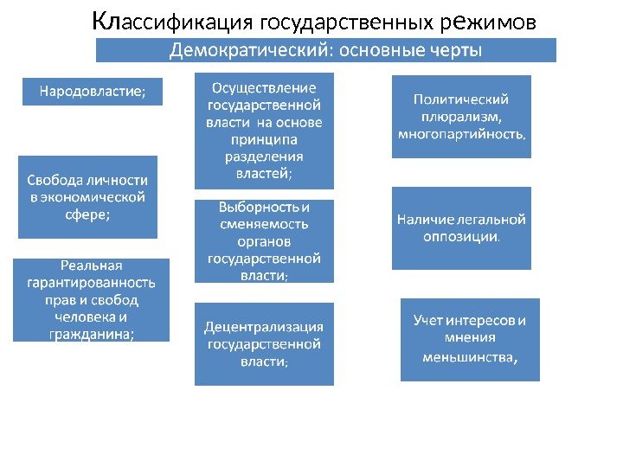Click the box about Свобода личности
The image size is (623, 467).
[87, 197]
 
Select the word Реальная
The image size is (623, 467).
[91, 265]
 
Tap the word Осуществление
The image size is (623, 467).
[264, 87]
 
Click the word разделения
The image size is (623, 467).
[264, 157]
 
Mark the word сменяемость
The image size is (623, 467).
[264, 224]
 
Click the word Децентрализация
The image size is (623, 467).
[264, 327]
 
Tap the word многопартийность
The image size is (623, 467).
[461, 134]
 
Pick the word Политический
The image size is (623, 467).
[460, 99]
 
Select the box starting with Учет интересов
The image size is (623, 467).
[470, 339]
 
